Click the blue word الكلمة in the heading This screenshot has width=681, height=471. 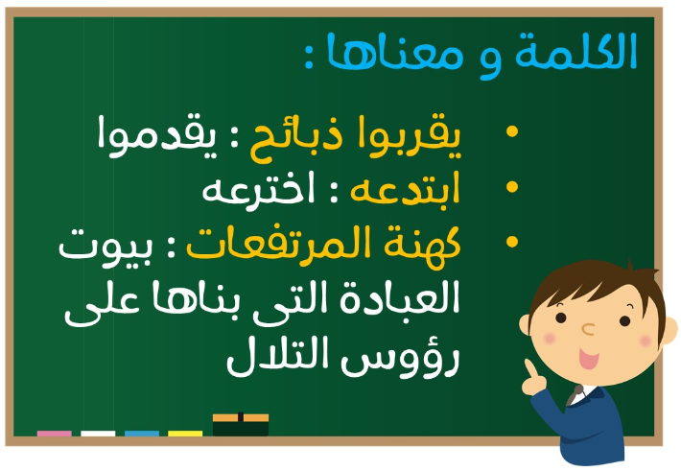(575, 51)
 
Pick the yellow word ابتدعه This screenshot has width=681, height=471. (405, 190)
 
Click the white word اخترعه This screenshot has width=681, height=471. (258, 191)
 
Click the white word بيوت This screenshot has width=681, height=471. (106, 247)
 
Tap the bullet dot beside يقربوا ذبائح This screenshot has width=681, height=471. (512, 130)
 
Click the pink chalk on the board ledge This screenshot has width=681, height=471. (55, 434)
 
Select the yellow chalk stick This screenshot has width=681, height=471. (185, 434)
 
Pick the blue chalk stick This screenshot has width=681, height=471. (142, 434)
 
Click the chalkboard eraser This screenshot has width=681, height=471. (241, 424)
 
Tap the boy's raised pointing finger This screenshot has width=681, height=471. (530, 368)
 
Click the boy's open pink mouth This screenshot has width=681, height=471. (589, 360)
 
